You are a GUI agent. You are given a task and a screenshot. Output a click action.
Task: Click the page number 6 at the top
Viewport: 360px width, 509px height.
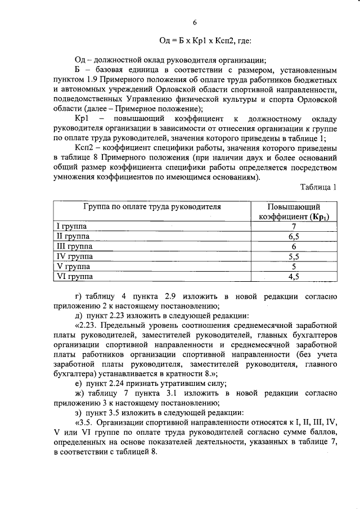point(195,22)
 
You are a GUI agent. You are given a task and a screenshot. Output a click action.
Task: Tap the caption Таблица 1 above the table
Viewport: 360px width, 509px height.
point(319,188)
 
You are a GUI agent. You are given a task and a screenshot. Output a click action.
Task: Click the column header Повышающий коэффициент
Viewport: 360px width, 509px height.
point(294,211)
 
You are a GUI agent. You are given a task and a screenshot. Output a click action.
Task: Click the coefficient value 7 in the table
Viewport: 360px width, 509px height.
point(294,226)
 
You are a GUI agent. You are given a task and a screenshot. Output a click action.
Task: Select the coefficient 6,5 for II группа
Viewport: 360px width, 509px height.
point(294,236)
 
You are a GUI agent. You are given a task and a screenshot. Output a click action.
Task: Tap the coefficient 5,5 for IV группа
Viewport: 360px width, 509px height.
point(294,256)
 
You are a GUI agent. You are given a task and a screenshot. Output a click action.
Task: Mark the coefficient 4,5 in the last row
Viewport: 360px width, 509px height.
point(294,276)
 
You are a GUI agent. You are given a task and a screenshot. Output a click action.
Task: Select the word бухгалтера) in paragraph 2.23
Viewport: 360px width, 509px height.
point(76,373)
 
